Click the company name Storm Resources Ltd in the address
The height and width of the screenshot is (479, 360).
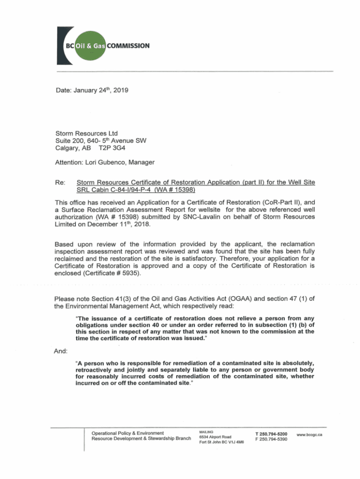point(84,133)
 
